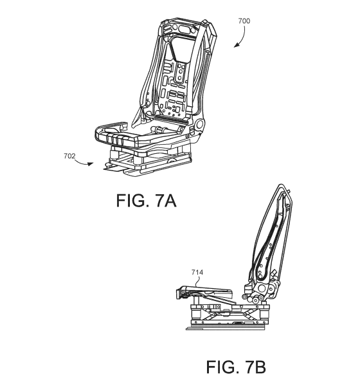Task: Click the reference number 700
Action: pyautogui.click(x=244, y=21)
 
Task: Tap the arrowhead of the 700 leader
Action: pyautogui.click(x=236, y=45)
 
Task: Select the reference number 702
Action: pyautogui.click(x=69, y=156)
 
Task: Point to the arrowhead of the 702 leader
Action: pyautogui.click(x=91, y=164)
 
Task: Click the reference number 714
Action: pyautogui.click(x=197, y=272)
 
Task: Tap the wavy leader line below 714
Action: pyautogui.click(x=197, y=281)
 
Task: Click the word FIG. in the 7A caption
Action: pyautogui.click(x=132, y=200)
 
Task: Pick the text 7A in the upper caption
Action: pyautogui.click(x=166, y=200)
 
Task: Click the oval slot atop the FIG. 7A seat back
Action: pyautogui.click(x=186, y=29)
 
